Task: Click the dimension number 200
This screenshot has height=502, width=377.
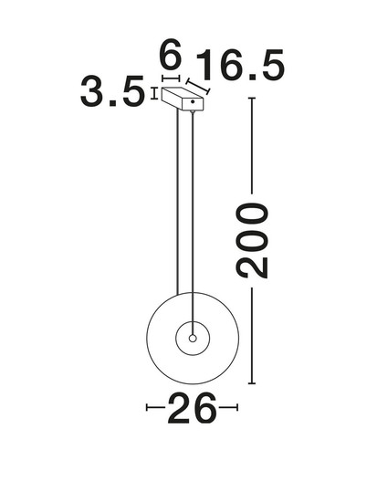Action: pos(252,240)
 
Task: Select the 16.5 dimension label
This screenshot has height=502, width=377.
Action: pos(240,66)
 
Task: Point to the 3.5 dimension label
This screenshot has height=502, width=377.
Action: pos(111,91)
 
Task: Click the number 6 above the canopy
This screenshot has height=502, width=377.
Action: pos(171,55)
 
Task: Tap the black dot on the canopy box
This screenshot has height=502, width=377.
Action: pos(193,102)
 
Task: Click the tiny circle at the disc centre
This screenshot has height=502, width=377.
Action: pos(193,338)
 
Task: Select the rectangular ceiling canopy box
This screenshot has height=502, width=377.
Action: pos(183,99)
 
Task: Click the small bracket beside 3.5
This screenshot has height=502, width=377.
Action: pos(154,93)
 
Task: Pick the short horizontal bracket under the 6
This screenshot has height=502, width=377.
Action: pos(171,78)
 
